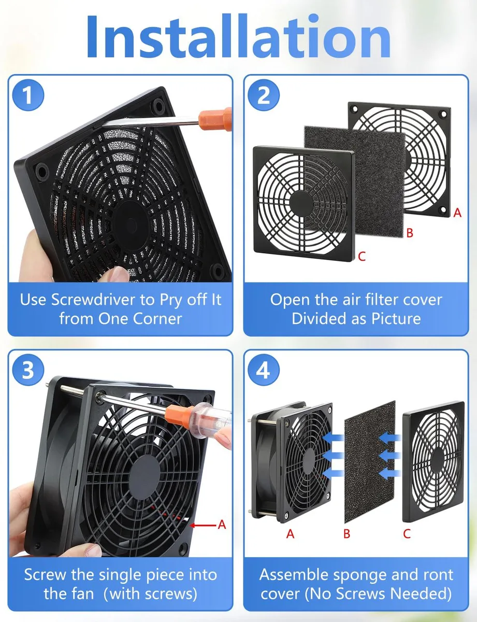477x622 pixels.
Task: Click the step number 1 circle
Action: click(x=28, y=95)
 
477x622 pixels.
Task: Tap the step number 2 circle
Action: click(x=264, y=95)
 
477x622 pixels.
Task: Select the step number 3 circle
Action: click(x=28, y=370)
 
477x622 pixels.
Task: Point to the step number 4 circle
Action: click(x=264, y=370)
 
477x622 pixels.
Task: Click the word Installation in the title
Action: click(x=238, y=36)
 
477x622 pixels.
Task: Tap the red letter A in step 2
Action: click(x=457, y=213)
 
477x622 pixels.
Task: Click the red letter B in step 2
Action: click(x=410, y=233)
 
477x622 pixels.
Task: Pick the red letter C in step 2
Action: click(x=362, y=256)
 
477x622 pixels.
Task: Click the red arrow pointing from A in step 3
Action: click(x=203, y=525)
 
